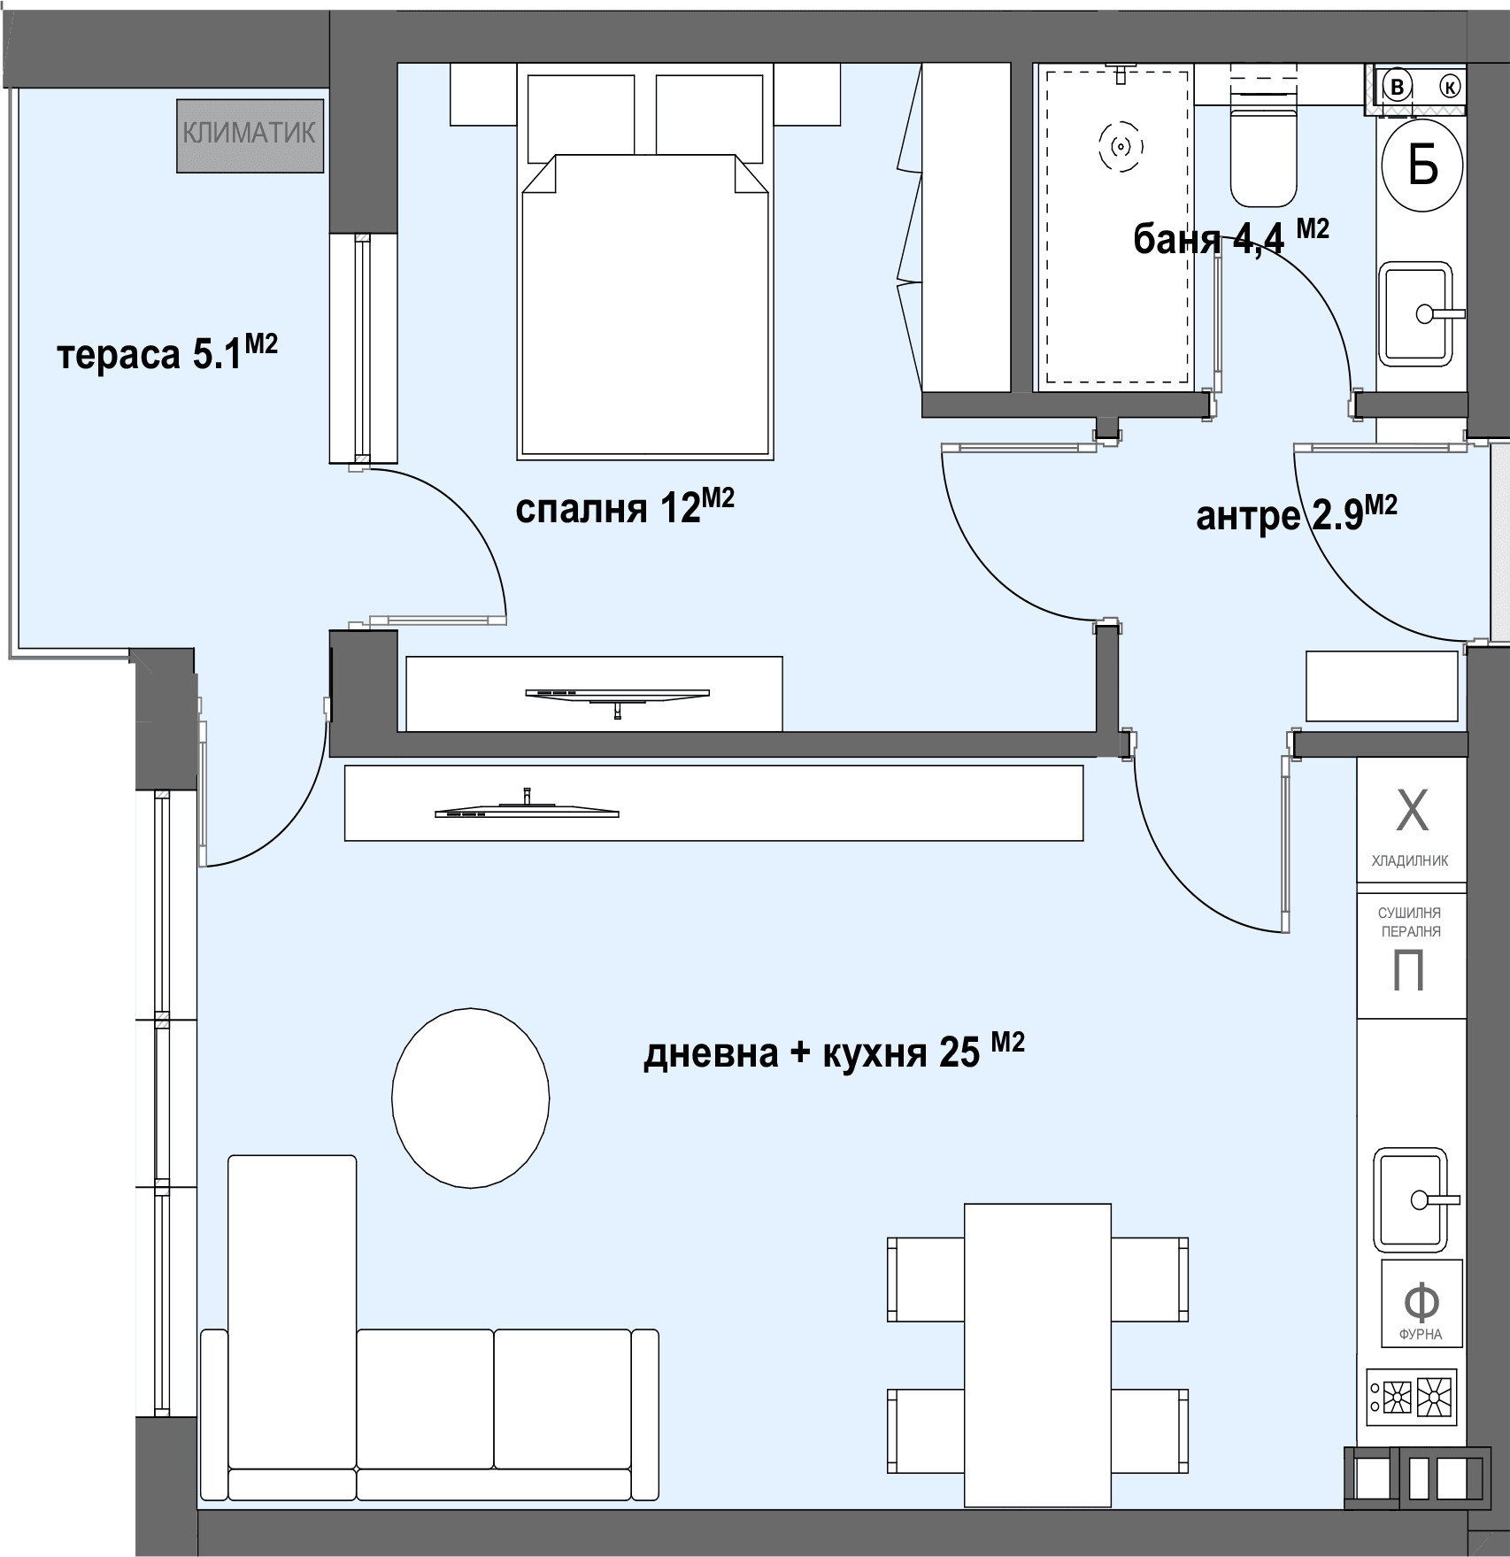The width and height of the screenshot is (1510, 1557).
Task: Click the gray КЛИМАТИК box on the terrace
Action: [250, 135]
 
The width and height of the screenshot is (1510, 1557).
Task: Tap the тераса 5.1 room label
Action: [167, 352]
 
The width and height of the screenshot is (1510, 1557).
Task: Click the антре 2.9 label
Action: [1297, 514]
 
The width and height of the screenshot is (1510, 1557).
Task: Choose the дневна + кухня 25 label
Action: [834, 1052]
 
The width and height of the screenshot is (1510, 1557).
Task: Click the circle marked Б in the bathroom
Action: [1422, 165]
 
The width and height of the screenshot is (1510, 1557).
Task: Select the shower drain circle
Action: [1121, 146]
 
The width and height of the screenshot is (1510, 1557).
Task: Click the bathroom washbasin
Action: [1416, 313]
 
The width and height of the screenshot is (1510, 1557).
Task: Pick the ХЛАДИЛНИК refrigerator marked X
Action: [1411, 827]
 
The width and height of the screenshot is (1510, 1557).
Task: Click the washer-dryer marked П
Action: [1411, 957]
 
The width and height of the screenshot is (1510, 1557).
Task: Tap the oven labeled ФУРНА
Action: [1421, 1303]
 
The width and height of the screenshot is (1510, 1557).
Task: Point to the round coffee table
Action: [471, 1098]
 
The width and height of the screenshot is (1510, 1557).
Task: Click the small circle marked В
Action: [1398, 87]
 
